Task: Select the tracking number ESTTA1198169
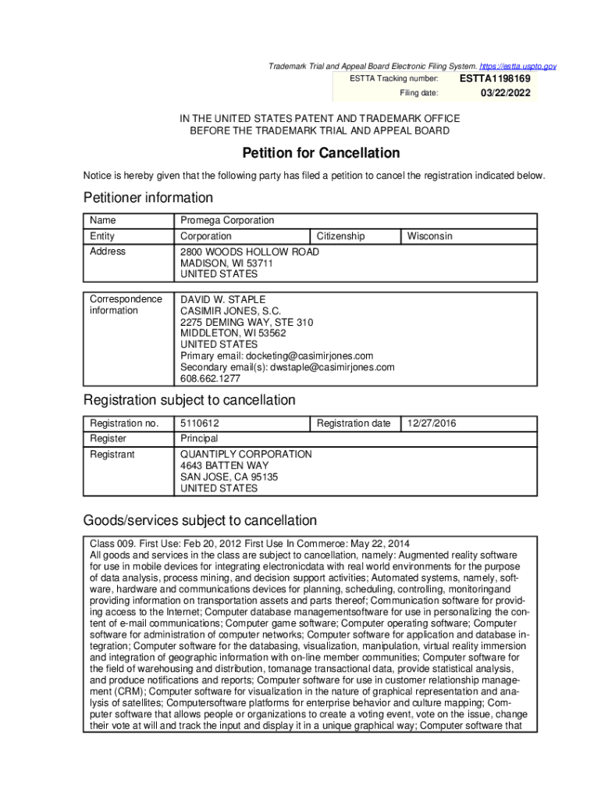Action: coord(495,79)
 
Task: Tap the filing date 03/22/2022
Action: coord(505,93)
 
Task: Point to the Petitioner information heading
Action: coord(148,198)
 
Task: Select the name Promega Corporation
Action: coord(227,220)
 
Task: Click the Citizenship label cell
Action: coord(340,236)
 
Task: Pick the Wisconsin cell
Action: coord(429,236)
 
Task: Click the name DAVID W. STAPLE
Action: coord(223,299)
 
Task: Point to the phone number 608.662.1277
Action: coord(211,378)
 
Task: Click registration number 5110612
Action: coord(205,423)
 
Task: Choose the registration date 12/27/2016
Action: coord(432,423)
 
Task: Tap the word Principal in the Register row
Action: coord(199,438)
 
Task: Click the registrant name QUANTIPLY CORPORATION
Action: coord(246,454)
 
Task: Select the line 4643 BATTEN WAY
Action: coord(224,466)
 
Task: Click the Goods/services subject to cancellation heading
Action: coord(200,520)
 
